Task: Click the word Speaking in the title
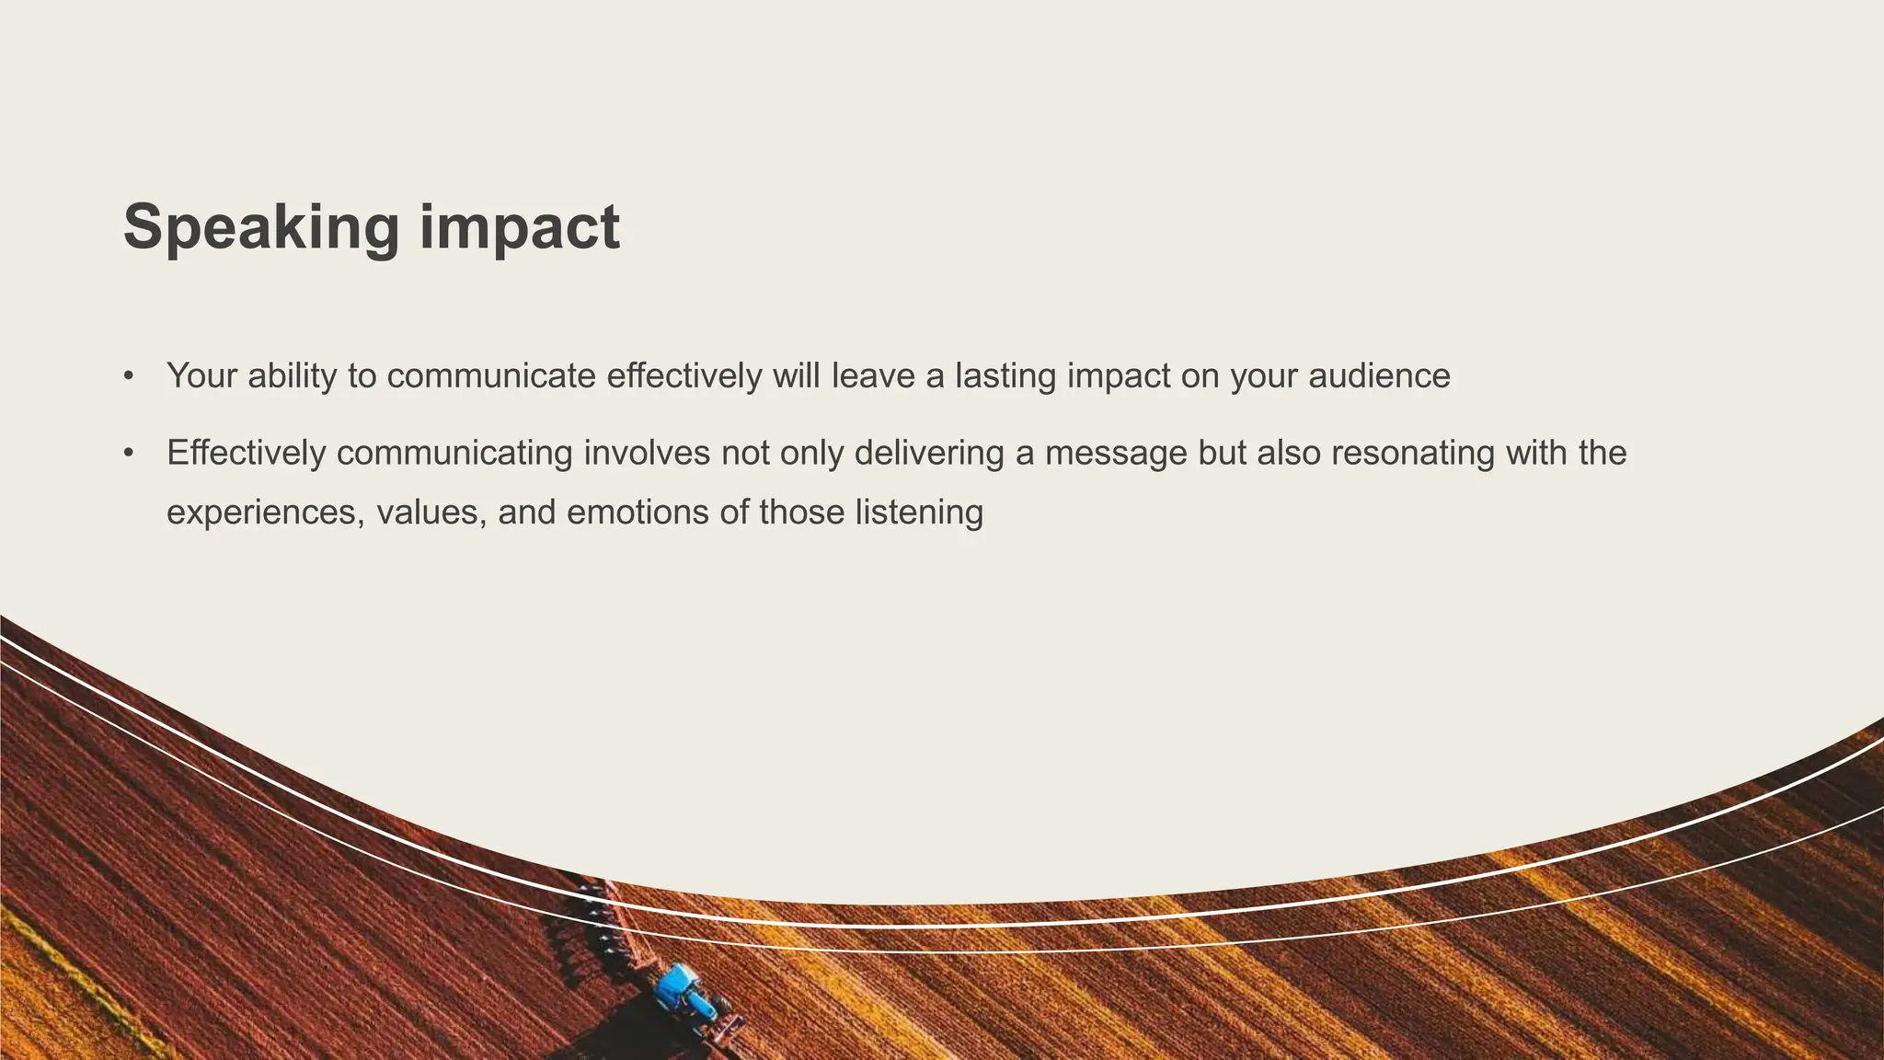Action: pyautogui.click(x=261, y=227)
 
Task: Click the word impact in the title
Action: pyautogui.click(x=520, y=227)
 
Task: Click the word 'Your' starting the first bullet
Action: pyautogui.click(x=201, y=376)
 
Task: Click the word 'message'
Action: pyautogui.click(x=1116, y=454)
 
